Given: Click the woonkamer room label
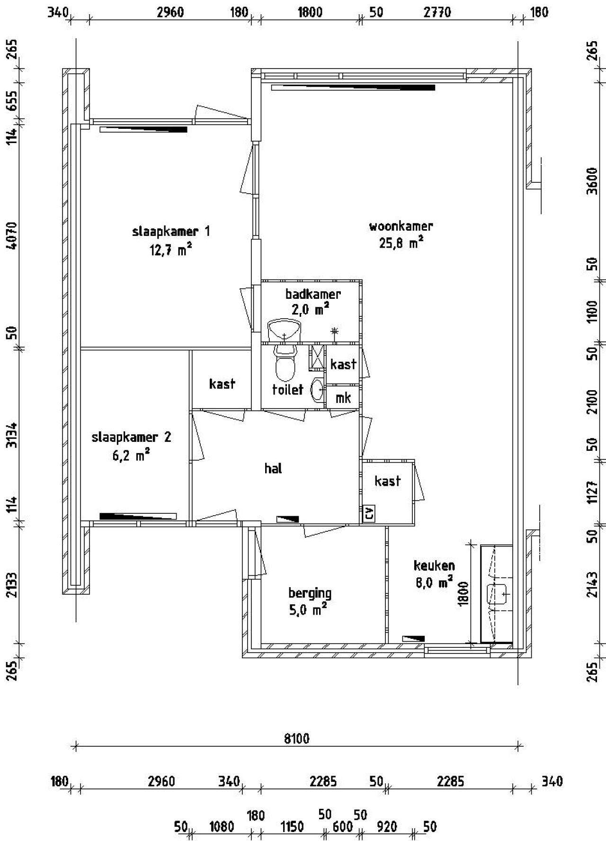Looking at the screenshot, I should tap(401, 226).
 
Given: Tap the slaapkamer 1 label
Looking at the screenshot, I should tap(170, 232).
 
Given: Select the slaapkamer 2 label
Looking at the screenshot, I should tap(131, 437).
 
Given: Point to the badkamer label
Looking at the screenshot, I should tap(312, 294).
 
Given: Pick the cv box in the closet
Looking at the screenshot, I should tap(368, 513).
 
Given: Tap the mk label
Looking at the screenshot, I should tap(343, 398).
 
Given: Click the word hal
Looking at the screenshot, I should tap(273, 468).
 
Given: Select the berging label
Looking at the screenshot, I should tap(310, 593).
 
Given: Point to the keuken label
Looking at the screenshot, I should tap(434, 565).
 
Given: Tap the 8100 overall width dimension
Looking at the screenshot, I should tap(297, 738).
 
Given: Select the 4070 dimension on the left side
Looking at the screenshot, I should tap(12, 236).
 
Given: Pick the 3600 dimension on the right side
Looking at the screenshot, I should tap(592, 180).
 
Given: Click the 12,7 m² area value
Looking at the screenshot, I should tap(170, 250).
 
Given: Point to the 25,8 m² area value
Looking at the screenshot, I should tap(401, 243).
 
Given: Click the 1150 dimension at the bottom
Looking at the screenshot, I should tap(292, 827).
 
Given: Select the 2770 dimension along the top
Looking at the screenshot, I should tap(437, 12).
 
